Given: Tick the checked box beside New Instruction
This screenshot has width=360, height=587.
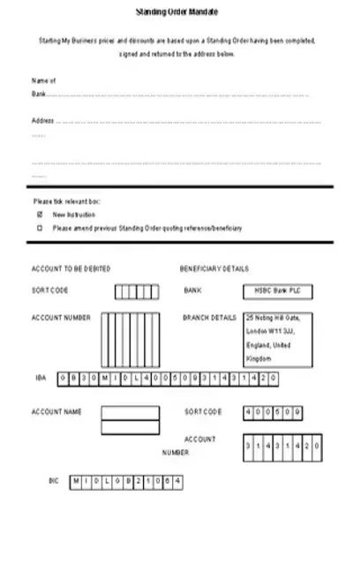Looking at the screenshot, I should [x=39, y=214].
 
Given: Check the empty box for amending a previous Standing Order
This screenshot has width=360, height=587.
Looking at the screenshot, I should [x=39, y=228].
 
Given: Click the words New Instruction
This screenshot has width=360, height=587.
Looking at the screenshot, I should [x=74, y=214].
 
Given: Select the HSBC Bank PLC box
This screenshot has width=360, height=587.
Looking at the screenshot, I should [x=277, y=290].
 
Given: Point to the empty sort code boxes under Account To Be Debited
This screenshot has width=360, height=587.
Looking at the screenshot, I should [x=136, y=292].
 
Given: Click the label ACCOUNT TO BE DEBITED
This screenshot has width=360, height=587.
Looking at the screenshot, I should [x=71, y=268].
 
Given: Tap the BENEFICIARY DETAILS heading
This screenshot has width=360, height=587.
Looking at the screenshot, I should [x=214, y=268].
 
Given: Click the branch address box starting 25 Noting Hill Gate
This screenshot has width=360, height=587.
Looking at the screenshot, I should [x=277, y=340].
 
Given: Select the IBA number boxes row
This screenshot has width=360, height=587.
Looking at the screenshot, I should [x=168, y=378].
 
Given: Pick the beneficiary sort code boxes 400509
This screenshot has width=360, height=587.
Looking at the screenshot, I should [x=273, y=412].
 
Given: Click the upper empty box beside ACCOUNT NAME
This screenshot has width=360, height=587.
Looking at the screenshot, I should [x=130, y=412].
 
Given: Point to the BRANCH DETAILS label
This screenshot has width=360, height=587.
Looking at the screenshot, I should [x=209, y=318].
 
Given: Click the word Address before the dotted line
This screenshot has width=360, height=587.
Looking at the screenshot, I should [x=42, y=121].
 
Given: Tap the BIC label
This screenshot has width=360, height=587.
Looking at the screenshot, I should [x=53, y=481].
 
